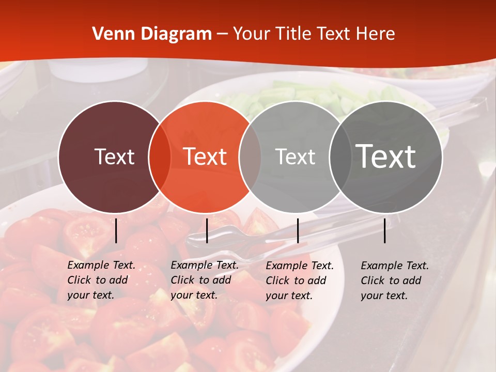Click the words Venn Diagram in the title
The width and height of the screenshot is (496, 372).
(152, 34)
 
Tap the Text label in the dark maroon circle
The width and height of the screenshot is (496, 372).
(114, 157)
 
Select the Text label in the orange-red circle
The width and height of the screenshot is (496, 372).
(205, 157)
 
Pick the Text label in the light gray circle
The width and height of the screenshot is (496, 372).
(295, 157)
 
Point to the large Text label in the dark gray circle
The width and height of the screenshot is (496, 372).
(386, 156)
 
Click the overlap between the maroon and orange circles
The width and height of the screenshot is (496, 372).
(160, 157)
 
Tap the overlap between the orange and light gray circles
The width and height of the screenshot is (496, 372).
(250, 157)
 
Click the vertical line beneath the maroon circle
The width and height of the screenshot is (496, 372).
(116, 230)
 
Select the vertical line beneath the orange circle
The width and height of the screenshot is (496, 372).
(207, 230)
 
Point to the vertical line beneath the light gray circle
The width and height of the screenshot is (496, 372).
(298, 230)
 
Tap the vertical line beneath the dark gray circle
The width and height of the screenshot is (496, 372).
(385, 230)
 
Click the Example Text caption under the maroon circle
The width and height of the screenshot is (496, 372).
(101, 280)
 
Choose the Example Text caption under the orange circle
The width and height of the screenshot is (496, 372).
(205, 280)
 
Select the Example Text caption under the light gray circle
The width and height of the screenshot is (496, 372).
(300, 281)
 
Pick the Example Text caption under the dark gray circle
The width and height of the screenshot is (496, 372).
(395, 281)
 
